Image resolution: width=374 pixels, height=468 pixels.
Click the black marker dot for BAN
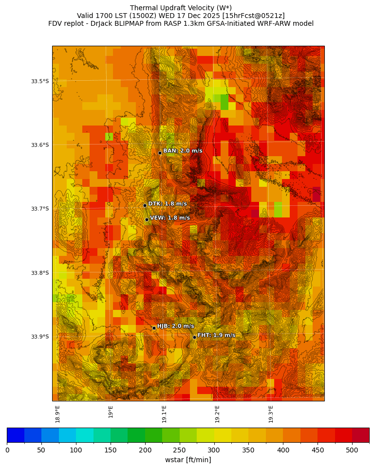[160, 153]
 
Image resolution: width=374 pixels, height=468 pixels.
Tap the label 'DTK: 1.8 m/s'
[168, 204]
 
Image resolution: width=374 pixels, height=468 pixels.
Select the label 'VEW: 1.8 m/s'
[170, 218]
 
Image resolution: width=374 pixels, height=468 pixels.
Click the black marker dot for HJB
[154, 328]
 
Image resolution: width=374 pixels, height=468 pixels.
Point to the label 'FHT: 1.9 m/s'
[216, 335]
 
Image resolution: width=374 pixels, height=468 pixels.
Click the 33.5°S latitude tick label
[40, 81]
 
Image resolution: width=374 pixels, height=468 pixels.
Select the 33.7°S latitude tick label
[40, 209]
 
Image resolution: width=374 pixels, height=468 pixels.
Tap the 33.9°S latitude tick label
[40, 337]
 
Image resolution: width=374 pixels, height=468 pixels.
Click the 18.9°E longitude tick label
[58, 414]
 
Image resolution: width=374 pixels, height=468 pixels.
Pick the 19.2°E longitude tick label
[218, 414]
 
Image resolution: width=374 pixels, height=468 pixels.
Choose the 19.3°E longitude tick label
[271, 414]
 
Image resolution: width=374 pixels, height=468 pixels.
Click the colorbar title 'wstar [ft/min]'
[188, 460]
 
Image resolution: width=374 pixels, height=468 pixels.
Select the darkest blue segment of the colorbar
[16, 435]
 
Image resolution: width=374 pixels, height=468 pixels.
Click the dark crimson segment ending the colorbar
[360, 435]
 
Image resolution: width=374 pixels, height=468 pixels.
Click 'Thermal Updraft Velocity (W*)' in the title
[181, 8]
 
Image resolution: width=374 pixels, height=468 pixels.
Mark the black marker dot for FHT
[194, 337]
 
